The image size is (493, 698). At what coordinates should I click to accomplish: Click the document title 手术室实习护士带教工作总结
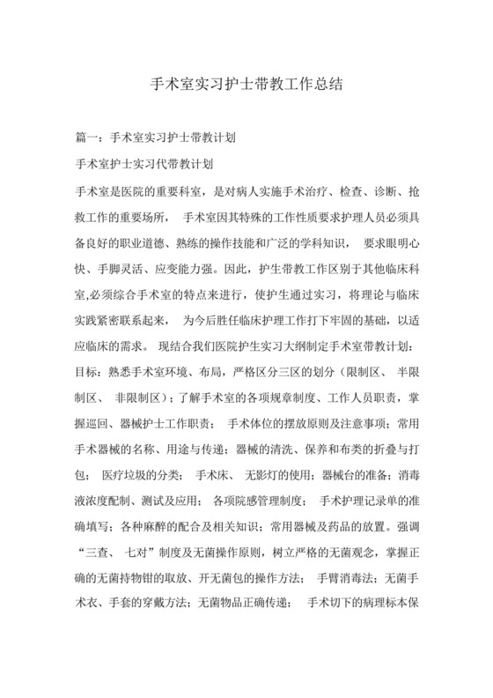(246, 86)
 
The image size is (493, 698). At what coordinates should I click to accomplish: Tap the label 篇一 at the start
(88, 138)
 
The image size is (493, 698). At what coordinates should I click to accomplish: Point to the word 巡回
(114, 420)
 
